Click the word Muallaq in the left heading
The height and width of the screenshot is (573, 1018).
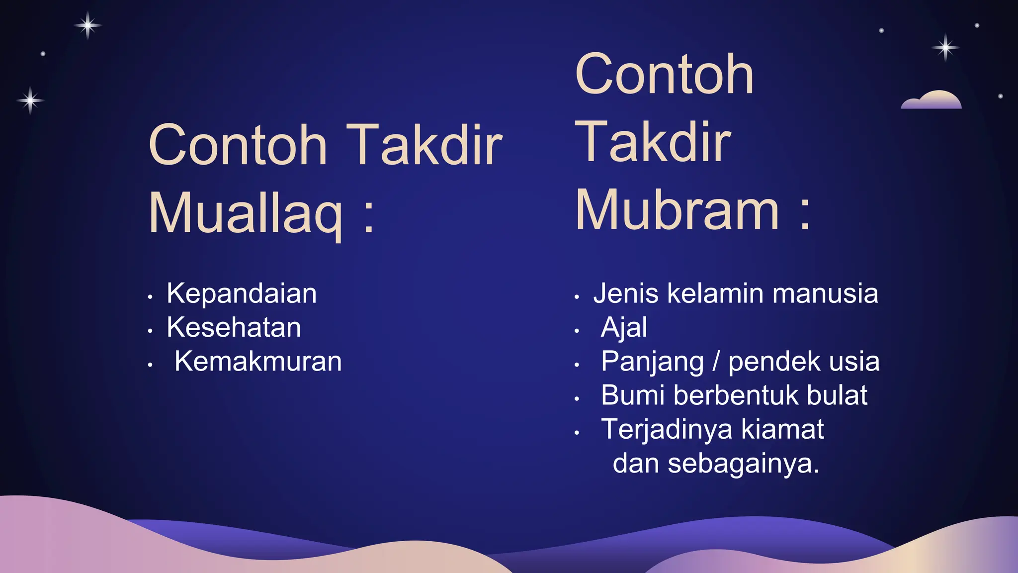(246, 213)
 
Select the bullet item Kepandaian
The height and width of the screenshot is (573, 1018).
(242, 293)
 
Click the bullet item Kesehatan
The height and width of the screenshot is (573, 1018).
(234, 327)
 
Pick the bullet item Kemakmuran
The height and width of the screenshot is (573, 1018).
(258, 361)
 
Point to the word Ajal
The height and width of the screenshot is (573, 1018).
(624, 327)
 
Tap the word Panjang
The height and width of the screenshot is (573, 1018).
(652, 362)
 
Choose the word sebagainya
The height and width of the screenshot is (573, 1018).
(743, 464)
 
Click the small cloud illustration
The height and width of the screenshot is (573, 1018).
(931, 100)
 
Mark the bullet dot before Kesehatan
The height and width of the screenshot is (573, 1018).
(150, 331)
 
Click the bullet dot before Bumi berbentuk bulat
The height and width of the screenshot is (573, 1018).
(577, 399)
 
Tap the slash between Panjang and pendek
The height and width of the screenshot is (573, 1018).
(716, 362)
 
